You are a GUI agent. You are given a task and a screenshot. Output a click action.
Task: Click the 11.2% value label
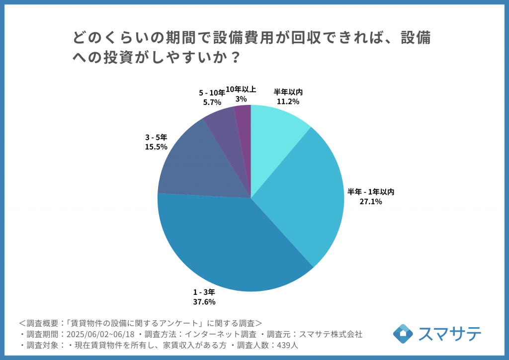(288, 101)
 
